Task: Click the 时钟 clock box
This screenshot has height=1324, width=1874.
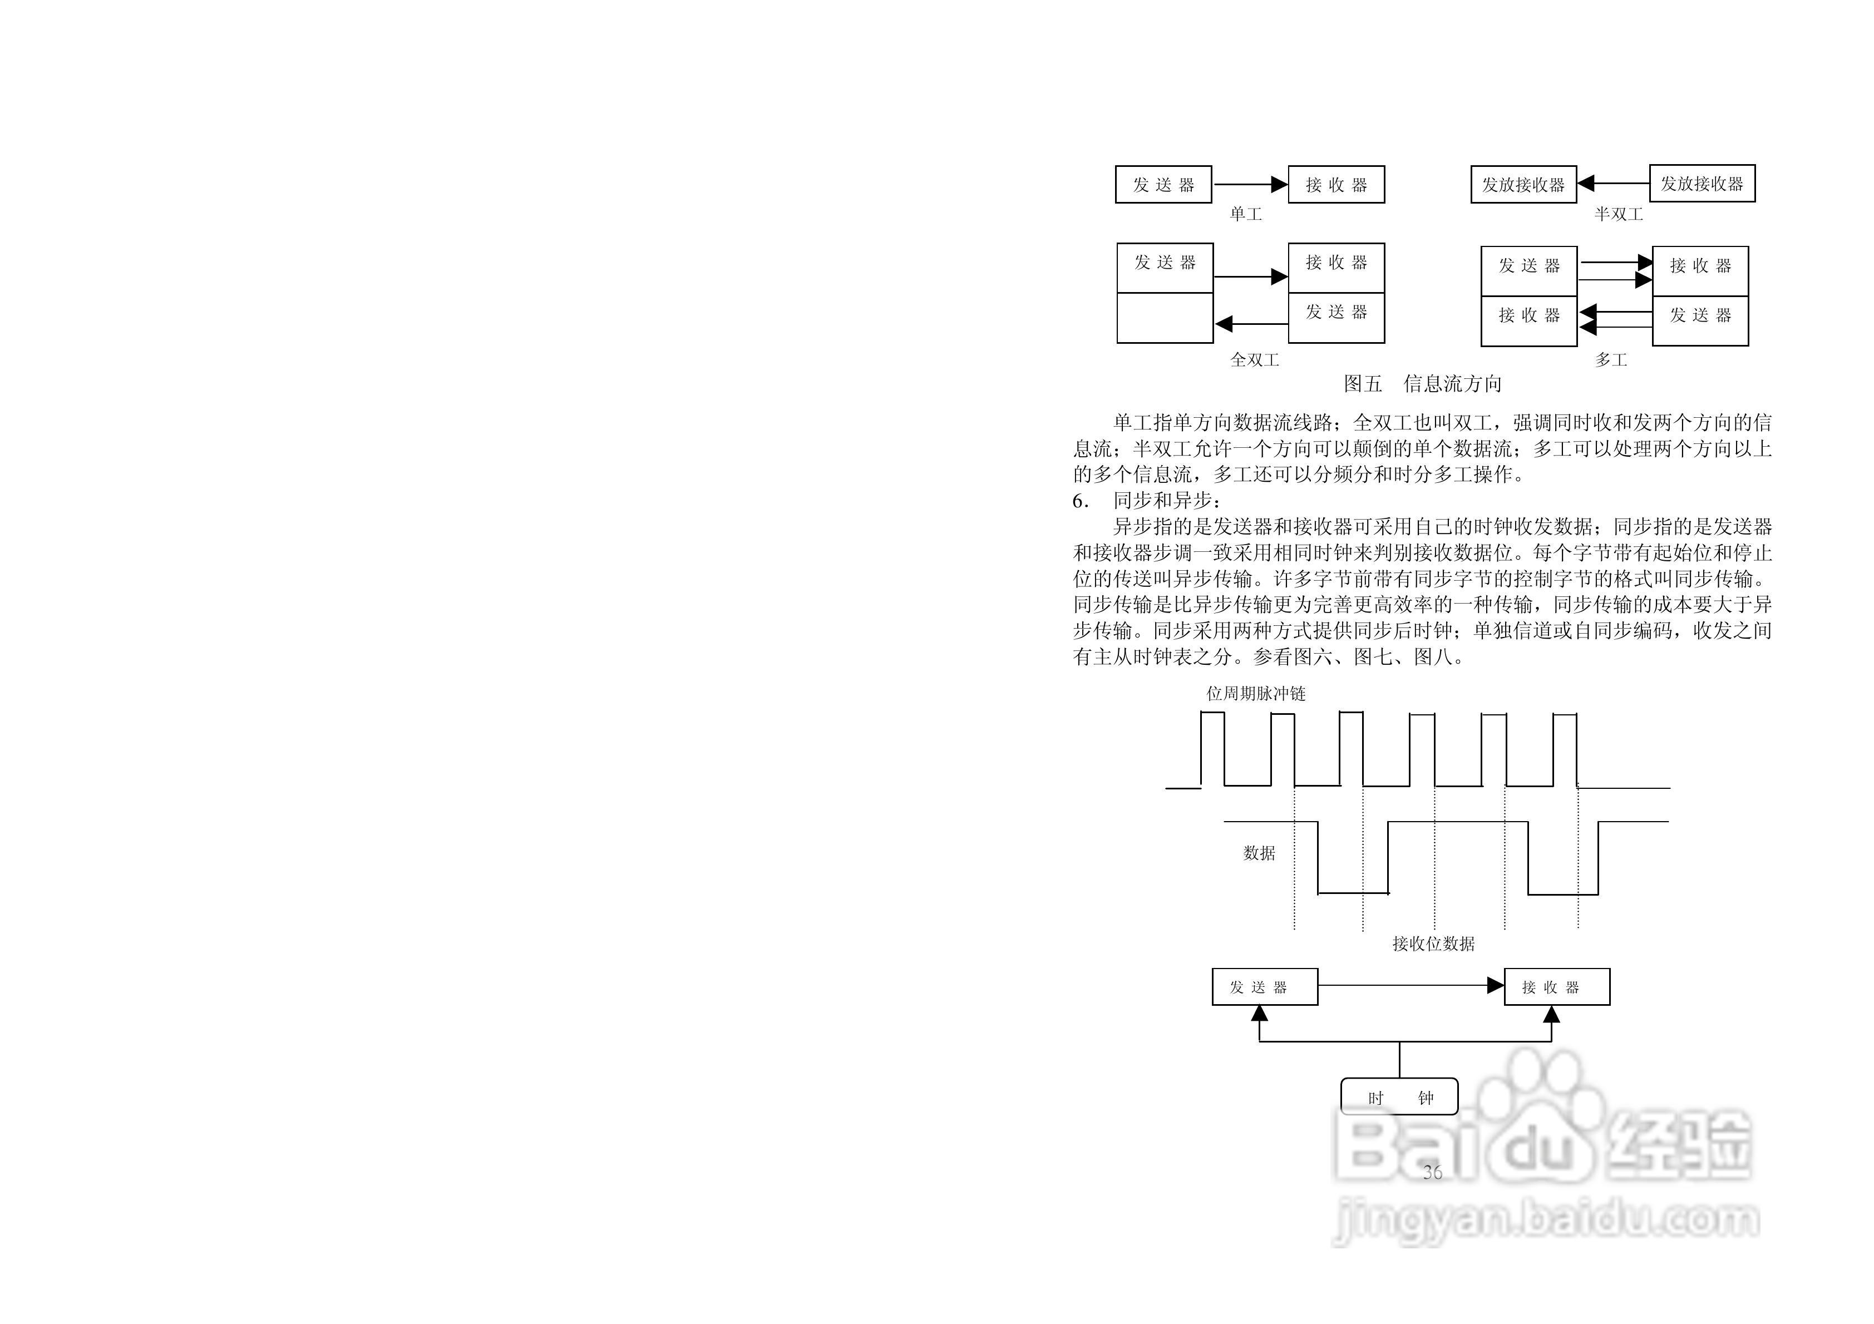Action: click(x=1399, y=1097)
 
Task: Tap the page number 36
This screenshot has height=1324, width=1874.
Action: click(x=1432, y=1172)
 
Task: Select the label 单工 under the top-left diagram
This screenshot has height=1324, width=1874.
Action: click(x=1245, y=214)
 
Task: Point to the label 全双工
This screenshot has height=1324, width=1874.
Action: click(x=1255, y=359)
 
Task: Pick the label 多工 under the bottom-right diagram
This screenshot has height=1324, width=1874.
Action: click(x=1611, y=359)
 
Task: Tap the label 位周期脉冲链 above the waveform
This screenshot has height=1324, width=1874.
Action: click(x=1256, y=693)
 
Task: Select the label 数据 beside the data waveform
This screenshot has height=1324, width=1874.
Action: click(x=1259, y=853)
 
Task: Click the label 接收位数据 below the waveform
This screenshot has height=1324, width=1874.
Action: click(x=1433, y=943)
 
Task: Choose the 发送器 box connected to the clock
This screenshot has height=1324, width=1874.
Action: click(x=1264, y=986)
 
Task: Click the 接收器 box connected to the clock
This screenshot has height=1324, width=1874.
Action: click(x=1556, y=986)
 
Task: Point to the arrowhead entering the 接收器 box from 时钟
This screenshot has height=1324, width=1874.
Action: click(x=1552, y=1015)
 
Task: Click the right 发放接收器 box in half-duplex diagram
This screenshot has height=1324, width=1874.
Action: click(x=1702, y=184)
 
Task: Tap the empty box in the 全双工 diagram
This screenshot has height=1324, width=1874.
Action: click(x=1165, y=318)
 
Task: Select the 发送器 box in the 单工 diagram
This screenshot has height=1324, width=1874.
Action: click(x=1163, y=185)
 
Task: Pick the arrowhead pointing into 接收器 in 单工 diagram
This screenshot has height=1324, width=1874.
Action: click(x=1280, y=185)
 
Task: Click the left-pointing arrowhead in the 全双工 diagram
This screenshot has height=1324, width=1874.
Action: click(x=1224, y=324)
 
